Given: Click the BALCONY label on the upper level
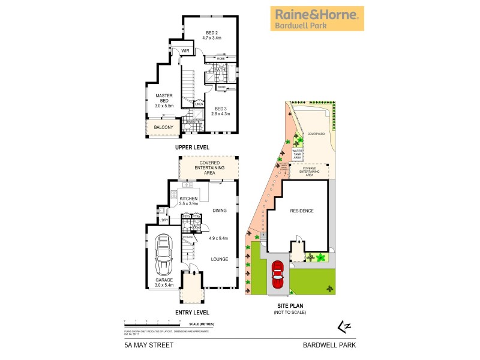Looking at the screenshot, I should [163, 127].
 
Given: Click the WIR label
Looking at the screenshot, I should [185, 52].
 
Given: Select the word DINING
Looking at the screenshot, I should [221, 210].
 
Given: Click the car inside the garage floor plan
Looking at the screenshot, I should [163, 254].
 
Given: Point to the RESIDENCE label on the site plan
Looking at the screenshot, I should [302, 211].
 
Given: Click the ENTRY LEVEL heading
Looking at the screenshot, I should [192, 312].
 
